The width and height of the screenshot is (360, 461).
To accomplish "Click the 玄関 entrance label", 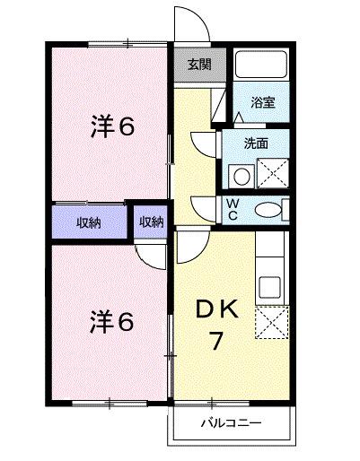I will (x=199, y=64).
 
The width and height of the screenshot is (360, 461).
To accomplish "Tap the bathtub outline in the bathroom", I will (x=261, y=67).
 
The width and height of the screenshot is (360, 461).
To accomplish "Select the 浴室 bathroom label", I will (x=262, y=103).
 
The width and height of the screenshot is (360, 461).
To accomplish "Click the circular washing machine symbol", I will (x=238, y=172).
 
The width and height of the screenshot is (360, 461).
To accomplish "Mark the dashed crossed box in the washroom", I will (x=273, y=171).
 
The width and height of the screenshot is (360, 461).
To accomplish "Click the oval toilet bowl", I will (x=268, y=210).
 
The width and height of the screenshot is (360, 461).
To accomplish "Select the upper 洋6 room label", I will (x=112, y=126).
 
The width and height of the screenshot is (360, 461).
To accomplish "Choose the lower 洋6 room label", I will (x=112, y=321).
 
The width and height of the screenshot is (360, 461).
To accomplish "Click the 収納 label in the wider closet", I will (x=88, y=222).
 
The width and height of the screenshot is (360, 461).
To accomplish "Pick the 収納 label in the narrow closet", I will (x=151, y=222).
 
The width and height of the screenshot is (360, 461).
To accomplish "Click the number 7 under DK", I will (x=216, y=340).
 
